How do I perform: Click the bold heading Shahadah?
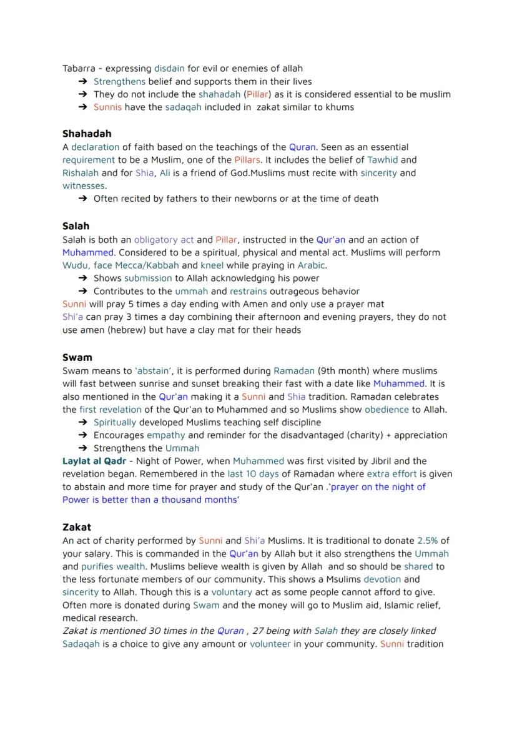click(x=87, y=134)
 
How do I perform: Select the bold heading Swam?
click(x=77, y=357)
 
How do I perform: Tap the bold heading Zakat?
click(x=77, y=527)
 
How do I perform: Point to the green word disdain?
click(x=169, y=68)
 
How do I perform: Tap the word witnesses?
click(x=84, y=185)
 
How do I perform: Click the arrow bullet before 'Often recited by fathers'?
click(x=82, y=199)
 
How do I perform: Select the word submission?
click(x=148, y=278)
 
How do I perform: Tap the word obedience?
click(x=387, y=409)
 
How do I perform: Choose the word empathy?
click(x=166, y=435)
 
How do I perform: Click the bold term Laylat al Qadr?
click(x=94, y=461)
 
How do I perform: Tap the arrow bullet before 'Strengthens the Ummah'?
click(x=82, y=448)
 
